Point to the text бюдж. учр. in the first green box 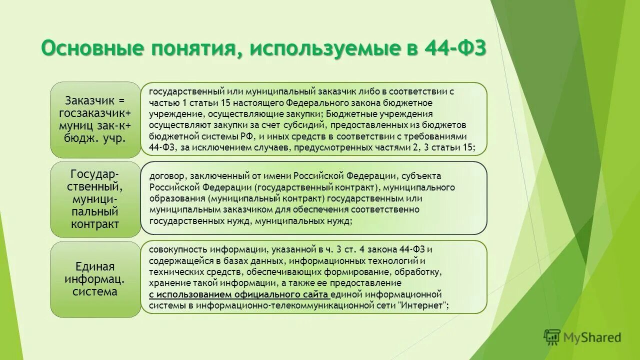(95, 137)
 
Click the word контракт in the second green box (95, 223)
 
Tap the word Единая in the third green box (95, 266)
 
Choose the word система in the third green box (95, 291)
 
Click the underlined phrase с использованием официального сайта (238, 294)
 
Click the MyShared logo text (592, 337)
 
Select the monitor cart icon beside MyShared (552, 337)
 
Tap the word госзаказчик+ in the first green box (95, 112)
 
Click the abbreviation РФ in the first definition (246, 136)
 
